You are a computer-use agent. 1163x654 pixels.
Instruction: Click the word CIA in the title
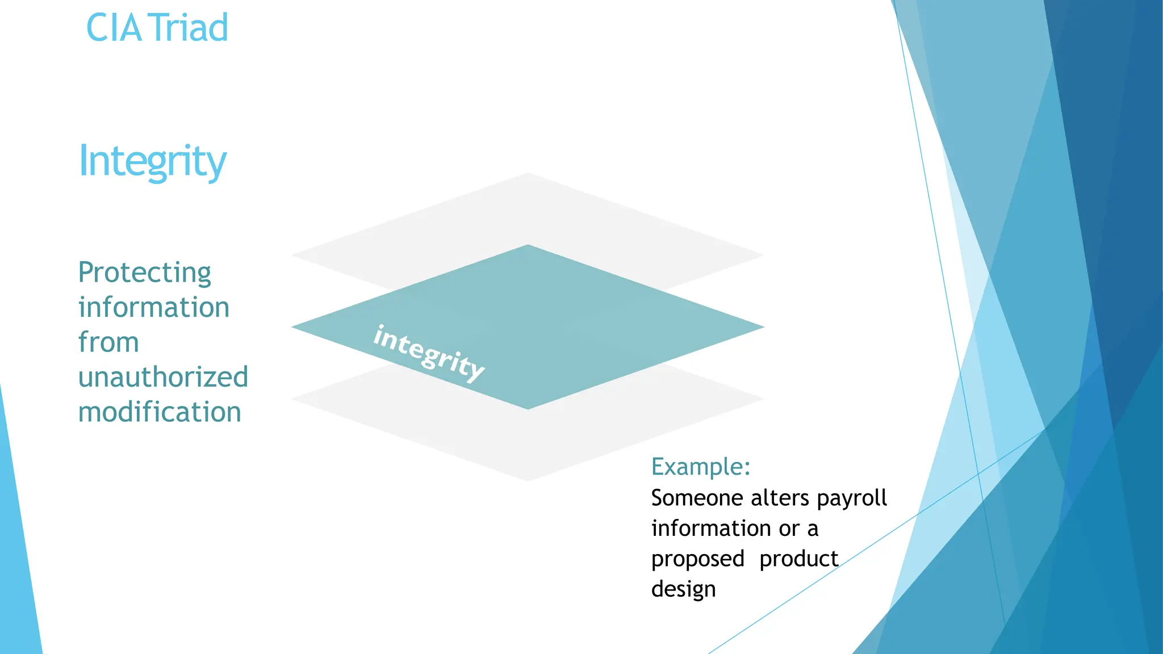(x=113, y=28)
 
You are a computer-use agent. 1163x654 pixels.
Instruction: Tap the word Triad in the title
(x=190, y=28)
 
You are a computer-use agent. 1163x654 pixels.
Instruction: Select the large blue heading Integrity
(x=152, y=161)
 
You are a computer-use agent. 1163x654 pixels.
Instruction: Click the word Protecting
(x=144, y=273)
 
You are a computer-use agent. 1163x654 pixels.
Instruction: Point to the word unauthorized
(x=163, y=377)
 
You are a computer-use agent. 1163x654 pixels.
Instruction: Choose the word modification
(x=160, y=412)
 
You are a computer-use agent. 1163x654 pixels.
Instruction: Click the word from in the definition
(x=108, y=342)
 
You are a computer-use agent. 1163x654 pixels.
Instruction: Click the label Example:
(x=701, y=467)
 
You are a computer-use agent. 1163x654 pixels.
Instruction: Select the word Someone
(x=697, y=498)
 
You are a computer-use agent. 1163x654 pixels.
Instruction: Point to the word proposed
(x=697, y=559)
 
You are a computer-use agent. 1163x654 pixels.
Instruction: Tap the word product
(x=798, y=559)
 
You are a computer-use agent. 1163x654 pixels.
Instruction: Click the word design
(x=683, y=589)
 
